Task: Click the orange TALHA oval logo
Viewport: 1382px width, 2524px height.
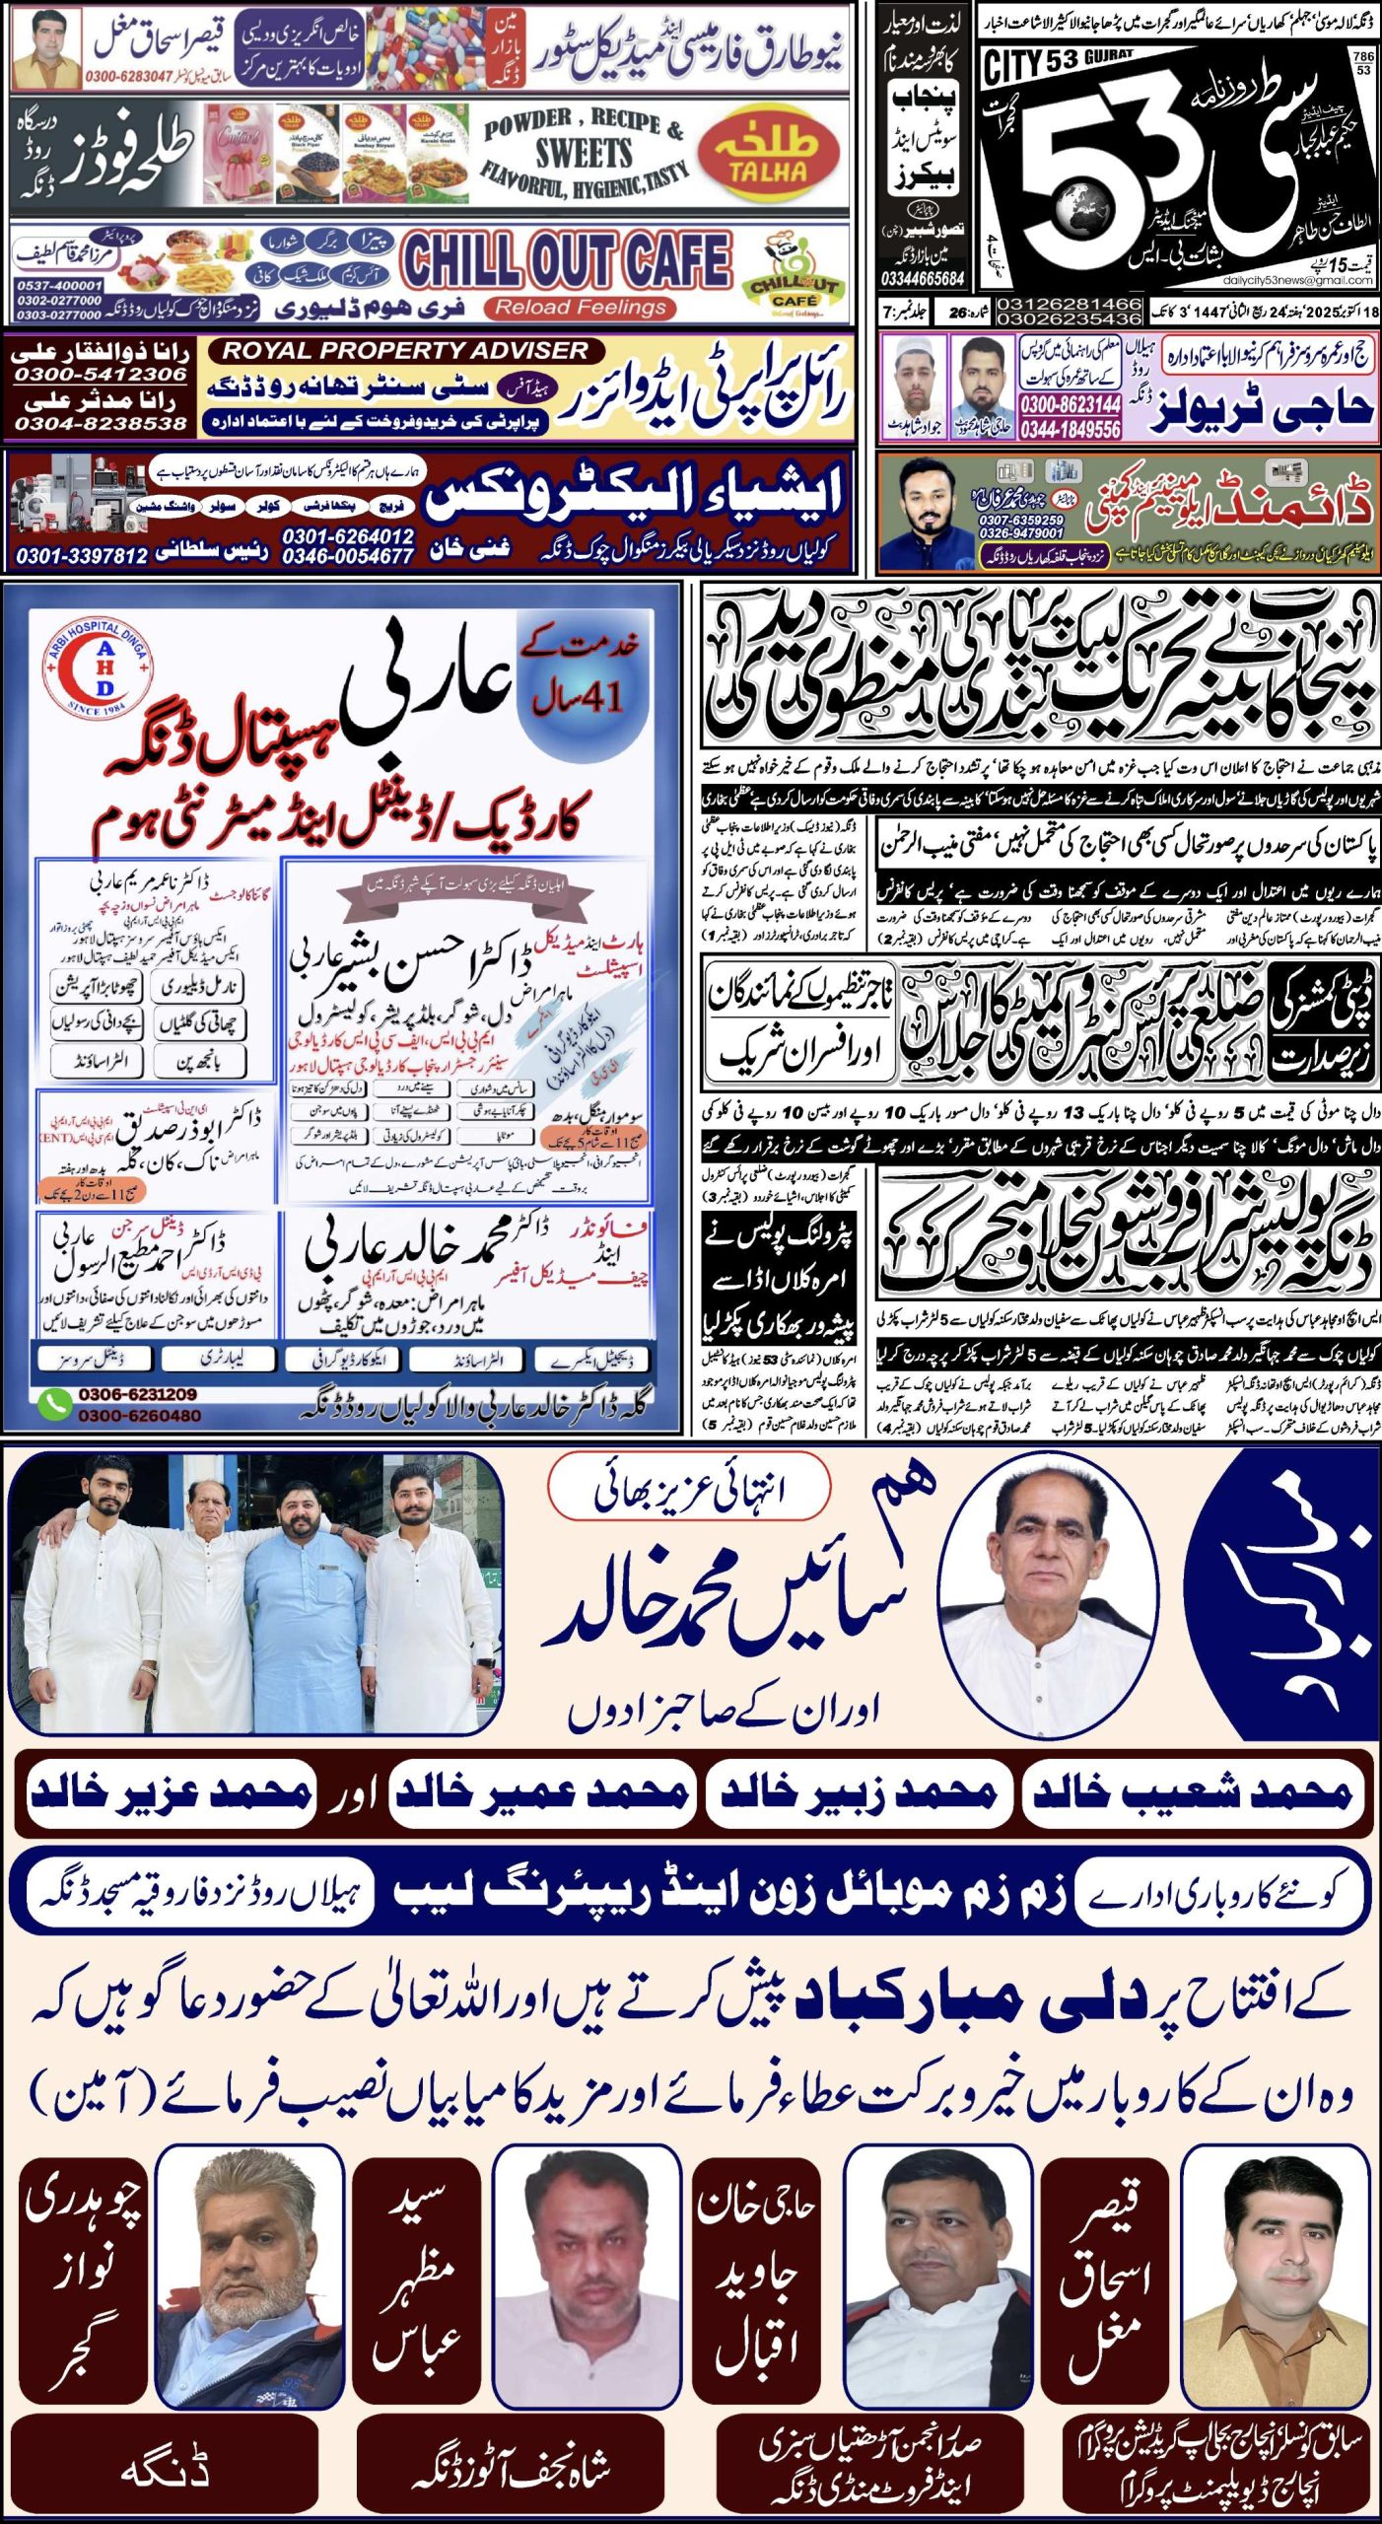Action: pos(769,158)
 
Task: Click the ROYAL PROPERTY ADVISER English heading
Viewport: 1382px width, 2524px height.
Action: pos(404,350)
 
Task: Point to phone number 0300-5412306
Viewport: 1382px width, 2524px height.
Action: pos(100,375)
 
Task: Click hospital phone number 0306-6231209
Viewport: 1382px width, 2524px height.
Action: pos(137,1394)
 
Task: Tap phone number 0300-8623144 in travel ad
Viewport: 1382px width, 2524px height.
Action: pos(1071,404)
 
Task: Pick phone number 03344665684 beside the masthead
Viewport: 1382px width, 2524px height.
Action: pos(924,279)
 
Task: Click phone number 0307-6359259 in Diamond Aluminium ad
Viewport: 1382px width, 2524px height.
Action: pos(1020,520)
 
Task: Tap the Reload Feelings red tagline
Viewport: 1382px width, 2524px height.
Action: pos(581,308)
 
